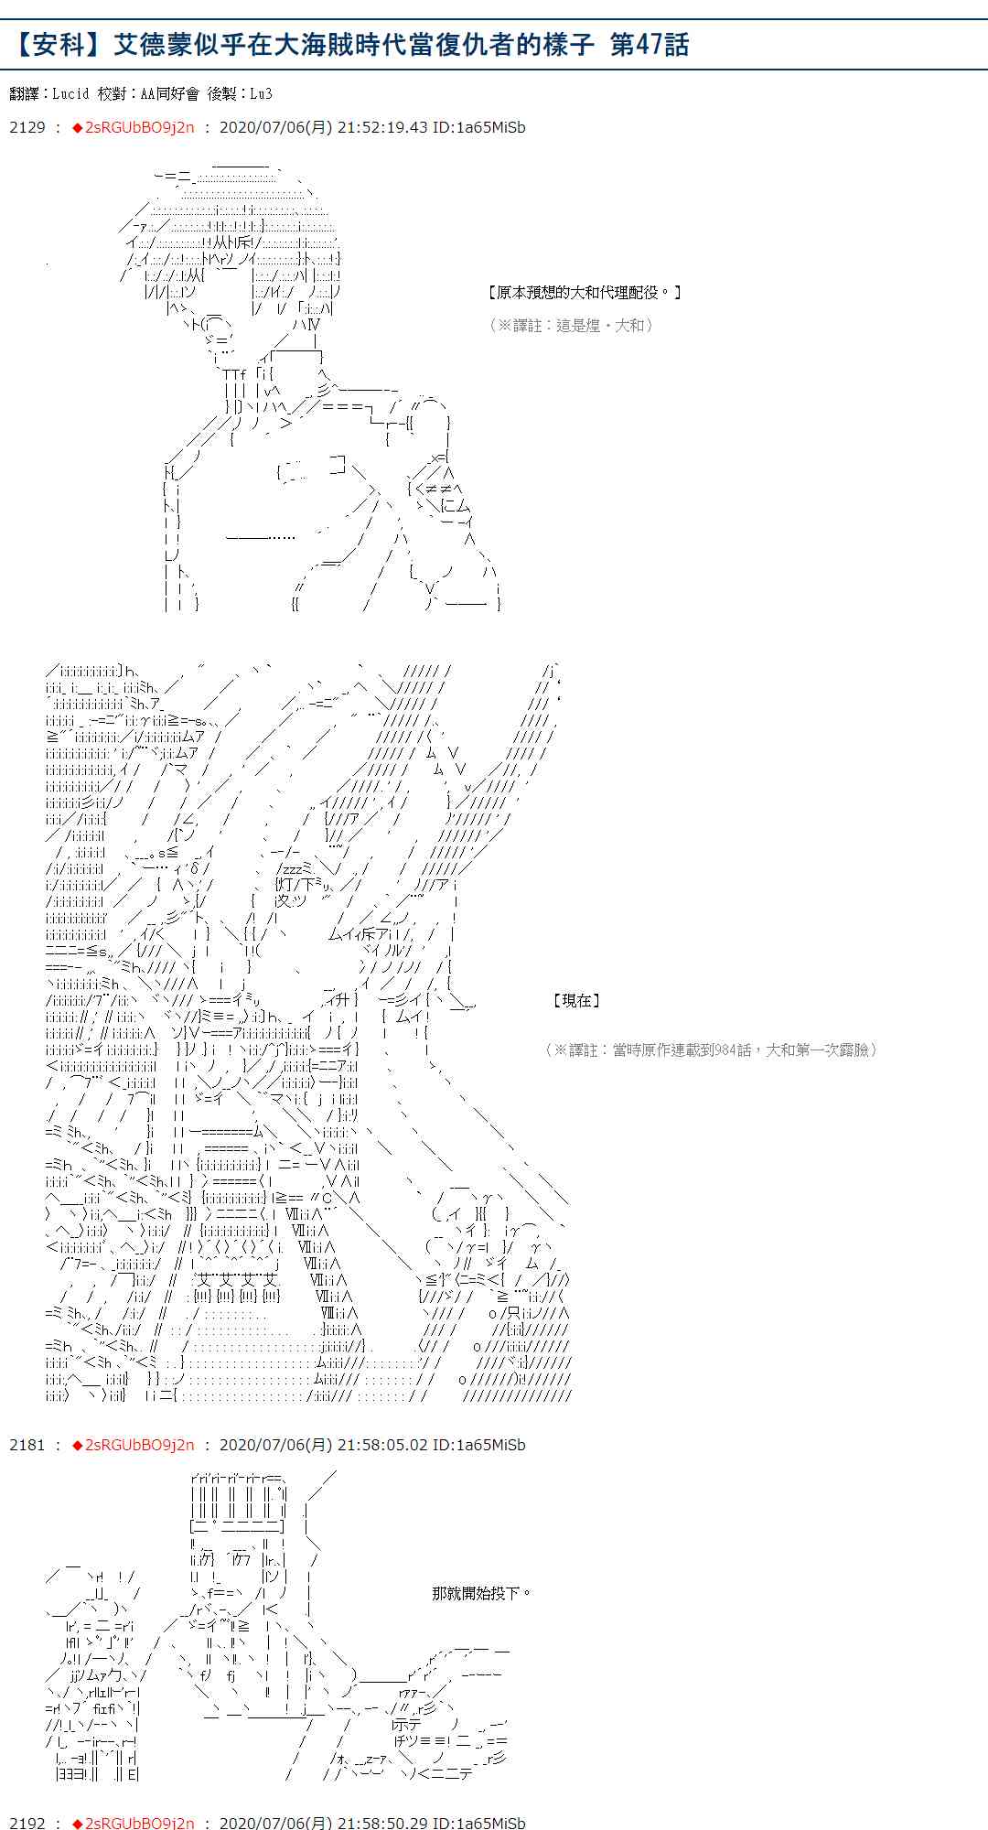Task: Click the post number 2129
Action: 27,128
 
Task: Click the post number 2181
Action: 27,1445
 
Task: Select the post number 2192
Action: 27,1823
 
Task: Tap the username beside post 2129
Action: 139,128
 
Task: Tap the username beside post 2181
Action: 139,1445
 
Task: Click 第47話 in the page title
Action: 650,45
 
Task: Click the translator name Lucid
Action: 70,93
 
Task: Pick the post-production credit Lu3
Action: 261,93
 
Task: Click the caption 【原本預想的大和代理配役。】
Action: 585,293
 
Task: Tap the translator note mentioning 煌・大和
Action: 571,325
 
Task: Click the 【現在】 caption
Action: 576,1000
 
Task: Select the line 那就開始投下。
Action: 481,1593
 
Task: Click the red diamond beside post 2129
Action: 77,128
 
